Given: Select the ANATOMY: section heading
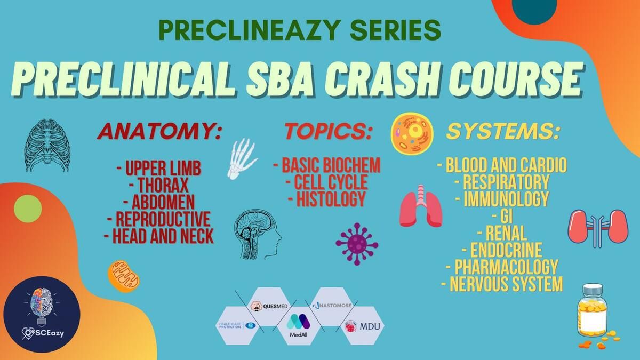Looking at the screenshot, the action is tap(159, 132).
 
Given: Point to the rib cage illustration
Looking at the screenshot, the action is tap(47, 146).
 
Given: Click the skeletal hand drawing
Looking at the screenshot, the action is tap(242, 159).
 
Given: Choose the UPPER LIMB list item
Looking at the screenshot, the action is tap(159, 168).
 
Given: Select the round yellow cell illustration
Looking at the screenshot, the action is tap(412, 133).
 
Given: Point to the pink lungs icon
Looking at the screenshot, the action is tap(421, 206).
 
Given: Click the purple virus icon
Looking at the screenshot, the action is tap(357, 244).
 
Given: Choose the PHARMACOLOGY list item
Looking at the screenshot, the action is tap(502, 267).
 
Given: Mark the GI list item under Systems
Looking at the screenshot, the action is tap(502, 215).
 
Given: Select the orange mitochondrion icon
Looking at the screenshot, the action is tap(124, 276).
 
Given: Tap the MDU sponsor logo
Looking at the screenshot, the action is tap(363, 326).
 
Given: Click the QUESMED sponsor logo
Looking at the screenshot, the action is tap(269, 307).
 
